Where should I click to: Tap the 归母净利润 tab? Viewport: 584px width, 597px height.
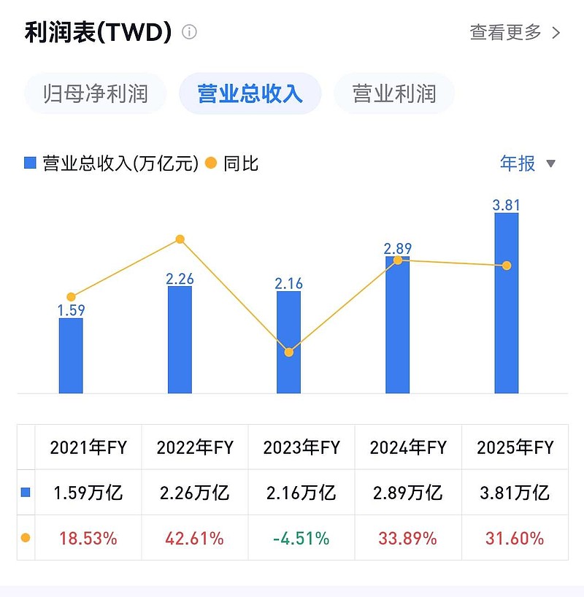pyautogui.click(x=96, y=93)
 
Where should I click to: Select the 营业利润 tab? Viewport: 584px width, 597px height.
pyautogui.click(x=394, y=93)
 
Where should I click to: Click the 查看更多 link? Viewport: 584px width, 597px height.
pyautogui.click(x=514, y=32)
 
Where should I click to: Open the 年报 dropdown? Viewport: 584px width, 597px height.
pyautogui.click(x=528, y=163)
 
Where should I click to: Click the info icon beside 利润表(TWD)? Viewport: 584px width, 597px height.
pyautogui.click(x=189, y=32)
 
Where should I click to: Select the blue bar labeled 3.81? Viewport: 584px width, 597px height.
pyautogui.click(x=507, y=303)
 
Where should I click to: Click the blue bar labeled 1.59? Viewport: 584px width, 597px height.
pyautogui.click(x=71, y=355)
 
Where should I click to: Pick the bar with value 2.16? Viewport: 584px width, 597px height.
pyautogui.click(x=288, y=342)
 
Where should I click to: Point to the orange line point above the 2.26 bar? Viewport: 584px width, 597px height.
pyautogui.click(x=180, y=239)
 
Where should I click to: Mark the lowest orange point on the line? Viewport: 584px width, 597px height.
pyautogui.click(x=288, y=353)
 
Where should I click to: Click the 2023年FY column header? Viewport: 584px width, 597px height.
pyautogui.click(x=301, y=447)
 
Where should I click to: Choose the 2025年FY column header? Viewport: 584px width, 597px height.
pyautogui.click(x=515, y=447)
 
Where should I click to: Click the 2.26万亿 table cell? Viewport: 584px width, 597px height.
pyautogui.click(x=195, y=493)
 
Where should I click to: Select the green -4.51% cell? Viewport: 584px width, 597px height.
pyautogui.click(x=301, y=539)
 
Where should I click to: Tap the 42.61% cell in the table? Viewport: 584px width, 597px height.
pyautogui.click(x=195, y=539)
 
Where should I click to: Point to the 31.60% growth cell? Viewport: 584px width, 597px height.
pyautogui.click(x=515, y=539)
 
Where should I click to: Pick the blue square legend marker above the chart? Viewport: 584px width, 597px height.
pyautogui.click(x=30, y=163)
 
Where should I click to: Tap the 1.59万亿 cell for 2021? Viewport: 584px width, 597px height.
pyautogui.click(x=88, y=493)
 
